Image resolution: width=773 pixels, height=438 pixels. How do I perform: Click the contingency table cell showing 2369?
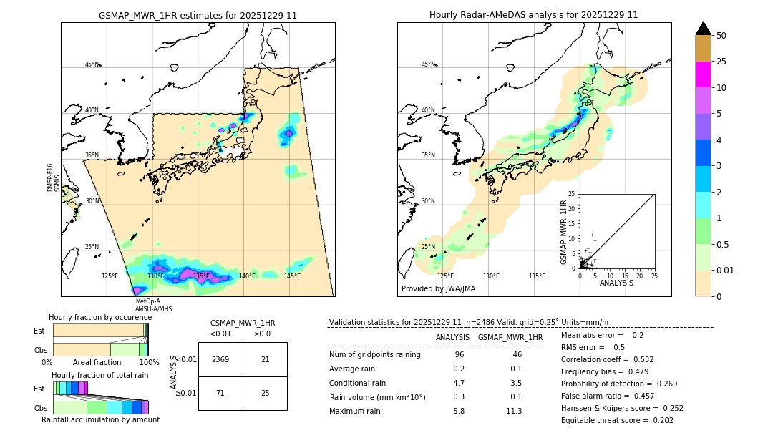220,359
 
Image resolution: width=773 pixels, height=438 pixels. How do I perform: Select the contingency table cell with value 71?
220,393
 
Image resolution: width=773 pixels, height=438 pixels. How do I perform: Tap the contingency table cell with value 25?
265,393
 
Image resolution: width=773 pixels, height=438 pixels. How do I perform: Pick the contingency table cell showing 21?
265,359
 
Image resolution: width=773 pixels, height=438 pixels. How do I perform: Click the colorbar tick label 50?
721,36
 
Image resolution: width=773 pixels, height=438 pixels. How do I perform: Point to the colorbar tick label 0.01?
726,270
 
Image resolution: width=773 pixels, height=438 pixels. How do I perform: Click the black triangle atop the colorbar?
704,29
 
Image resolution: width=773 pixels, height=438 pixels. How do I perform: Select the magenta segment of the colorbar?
704,74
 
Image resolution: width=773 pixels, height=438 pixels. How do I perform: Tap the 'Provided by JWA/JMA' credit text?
438,289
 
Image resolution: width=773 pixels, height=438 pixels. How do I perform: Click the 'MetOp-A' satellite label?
147,301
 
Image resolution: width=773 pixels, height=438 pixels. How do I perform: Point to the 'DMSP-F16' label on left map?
50,177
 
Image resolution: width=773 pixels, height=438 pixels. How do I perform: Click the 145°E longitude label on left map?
292,276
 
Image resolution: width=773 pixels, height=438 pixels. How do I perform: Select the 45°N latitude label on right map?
428,64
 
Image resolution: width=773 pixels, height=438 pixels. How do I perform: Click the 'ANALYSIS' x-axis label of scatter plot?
616,283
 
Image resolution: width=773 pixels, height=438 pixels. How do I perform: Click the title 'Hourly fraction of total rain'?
100,375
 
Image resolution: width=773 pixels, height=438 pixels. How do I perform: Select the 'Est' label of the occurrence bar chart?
39,331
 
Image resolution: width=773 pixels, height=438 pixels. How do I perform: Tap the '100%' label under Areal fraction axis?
149,362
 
